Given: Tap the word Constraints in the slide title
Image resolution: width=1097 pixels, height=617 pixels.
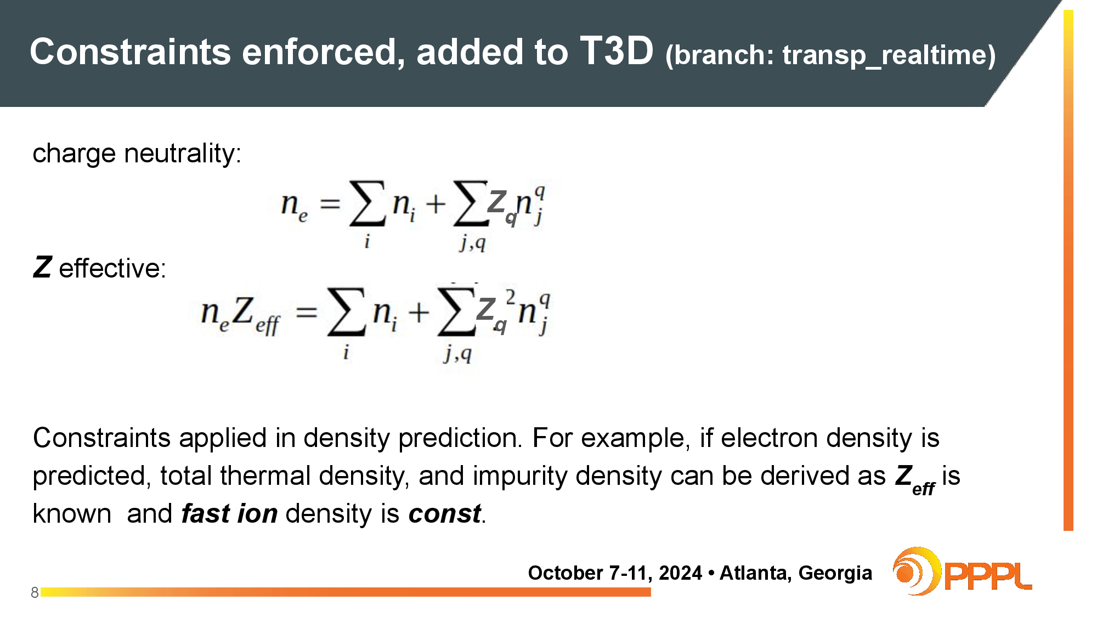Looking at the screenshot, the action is click(131, 52).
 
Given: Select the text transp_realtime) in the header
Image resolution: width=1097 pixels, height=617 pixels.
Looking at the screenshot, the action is click(889, 55).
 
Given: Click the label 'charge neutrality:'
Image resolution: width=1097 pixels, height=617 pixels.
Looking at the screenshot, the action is click(137, 154).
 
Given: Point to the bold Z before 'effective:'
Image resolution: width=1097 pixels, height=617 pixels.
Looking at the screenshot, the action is click(42, 268).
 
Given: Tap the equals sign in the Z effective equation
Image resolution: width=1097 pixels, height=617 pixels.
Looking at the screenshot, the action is click(307, 313).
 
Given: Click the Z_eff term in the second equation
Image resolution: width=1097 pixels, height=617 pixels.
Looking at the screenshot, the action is click(256, 315).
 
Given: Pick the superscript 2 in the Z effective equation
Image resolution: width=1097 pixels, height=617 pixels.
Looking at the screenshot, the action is click(511, 297).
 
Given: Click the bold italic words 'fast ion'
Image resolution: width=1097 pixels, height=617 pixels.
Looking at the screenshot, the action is click(229, 514).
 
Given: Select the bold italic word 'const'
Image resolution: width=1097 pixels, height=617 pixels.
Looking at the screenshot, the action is click(445, 514).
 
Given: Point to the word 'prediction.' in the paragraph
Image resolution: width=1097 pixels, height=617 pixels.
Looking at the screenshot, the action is click(460, 439).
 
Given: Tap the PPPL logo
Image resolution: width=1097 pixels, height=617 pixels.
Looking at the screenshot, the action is click(962, 571).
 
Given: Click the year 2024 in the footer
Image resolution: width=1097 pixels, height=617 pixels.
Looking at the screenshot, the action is click(680, 573).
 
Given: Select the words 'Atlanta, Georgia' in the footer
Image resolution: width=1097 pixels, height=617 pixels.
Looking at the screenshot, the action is click(795, 573).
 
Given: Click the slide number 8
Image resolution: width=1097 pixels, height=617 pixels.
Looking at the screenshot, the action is click(35, 593).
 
